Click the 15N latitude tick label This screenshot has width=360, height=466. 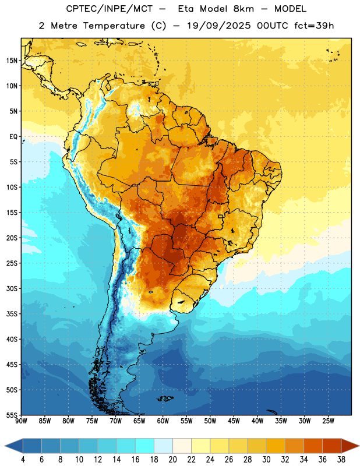click(12, 61)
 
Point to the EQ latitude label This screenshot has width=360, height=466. click(13, 137)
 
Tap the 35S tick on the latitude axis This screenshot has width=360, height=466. click(12, 314)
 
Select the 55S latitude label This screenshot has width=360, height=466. click(12, 415)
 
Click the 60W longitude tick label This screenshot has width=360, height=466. click(163, 421)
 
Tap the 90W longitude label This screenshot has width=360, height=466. click(21, 421)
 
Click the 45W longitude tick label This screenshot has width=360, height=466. click(234, 421)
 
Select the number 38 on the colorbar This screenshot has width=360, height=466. click(341, 460)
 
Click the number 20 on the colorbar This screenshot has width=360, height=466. click(172, 460)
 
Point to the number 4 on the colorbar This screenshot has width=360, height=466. click(23, 460)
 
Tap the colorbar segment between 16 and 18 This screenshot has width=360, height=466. click(145, 446)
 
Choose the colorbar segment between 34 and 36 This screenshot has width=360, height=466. click(313, 446)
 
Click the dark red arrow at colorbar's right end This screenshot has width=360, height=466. click(350, 446)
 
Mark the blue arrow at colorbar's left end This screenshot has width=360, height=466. click(14, 446)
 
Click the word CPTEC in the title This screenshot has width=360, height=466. click(80, 9)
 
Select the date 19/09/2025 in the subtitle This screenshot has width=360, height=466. click(219, 26)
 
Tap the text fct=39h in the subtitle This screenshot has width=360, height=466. click(314, 26)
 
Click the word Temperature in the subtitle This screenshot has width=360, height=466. click(114, 26)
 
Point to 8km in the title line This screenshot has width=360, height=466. click(244, 9)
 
